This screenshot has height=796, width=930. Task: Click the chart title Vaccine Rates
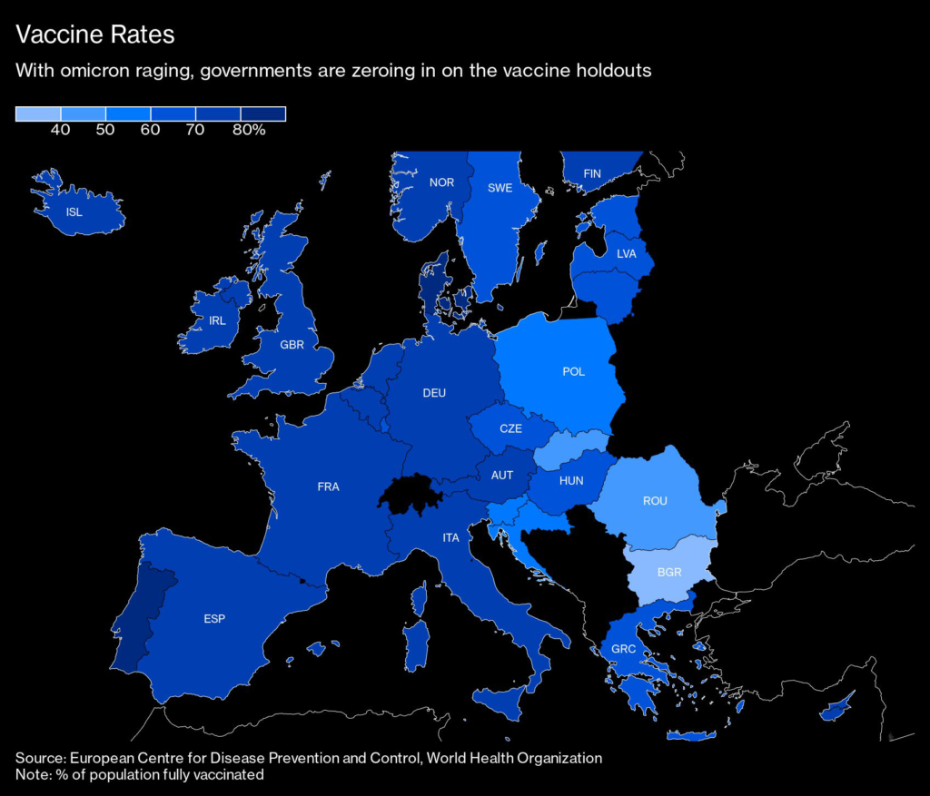(x=94, y=34)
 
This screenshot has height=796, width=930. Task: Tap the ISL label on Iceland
(x=74, y=212)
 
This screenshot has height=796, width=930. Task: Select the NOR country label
(x=442, y=182)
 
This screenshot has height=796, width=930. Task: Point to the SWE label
(x=500, y=188)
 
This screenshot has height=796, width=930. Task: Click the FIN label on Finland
(x=592, y=173)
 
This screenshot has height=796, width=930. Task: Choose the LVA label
(x=627, y=253)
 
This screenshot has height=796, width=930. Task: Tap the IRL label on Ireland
(x=217, y=320)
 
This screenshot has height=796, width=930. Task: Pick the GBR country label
(x=292, y=345)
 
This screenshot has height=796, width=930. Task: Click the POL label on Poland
(x=574, y=371)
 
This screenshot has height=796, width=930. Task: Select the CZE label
(x=510, y=428)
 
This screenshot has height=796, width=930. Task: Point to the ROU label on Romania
(x=655, y=501)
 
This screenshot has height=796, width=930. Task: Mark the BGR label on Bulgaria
(x=669, y=573)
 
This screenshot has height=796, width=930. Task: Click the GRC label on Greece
(x=623, y=649)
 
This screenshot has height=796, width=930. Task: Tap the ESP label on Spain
(x=214, y=619)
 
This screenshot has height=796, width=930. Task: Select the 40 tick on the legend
(x=61, y=130)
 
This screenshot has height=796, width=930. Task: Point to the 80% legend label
(x=249, y=130)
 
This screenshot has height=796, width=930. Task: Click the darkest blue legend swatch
(x=263, y=113)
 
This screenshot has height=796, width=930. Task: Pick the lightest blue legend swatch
(x=38, y=113)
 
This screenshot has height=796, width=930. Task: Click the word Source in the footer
(x=40, y=758)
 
